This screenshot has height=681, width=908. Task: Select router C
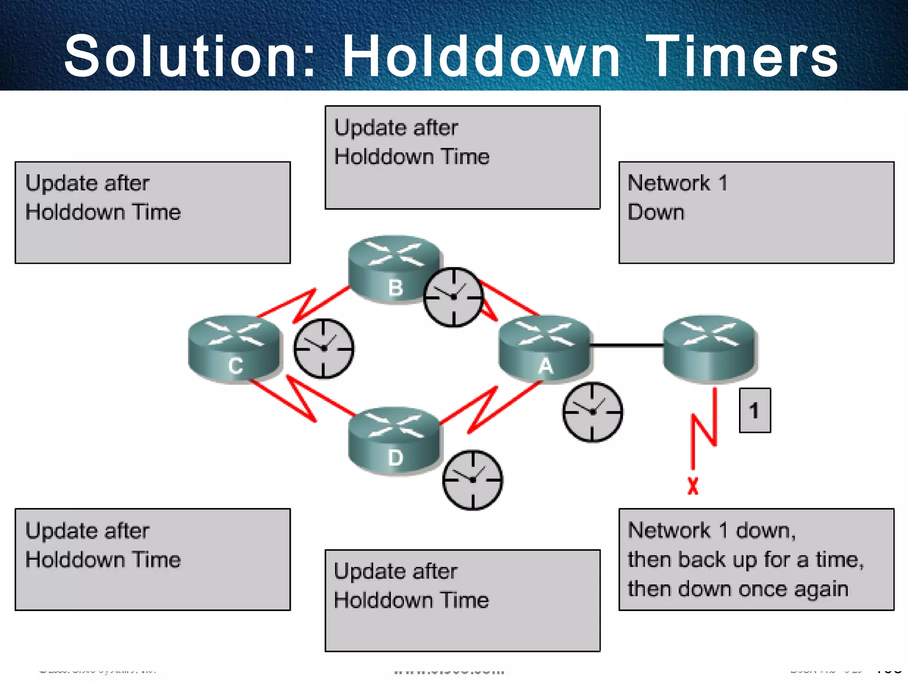pos(235,348)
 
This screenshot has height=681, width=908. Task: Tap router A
pos(544,348)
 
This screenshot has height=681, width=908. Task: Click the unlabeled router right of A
pos(709,348)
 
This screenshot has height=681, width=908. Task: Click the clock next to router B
pos(453,297)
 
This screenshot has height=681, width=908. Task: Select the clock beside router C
pos(324,348)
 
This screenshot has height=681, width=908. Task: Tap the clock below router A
pos(592,412)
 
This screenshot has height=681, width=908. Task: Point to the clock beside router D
pos(473,480)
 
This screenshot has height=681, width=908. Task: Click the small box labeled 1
pos(755,410)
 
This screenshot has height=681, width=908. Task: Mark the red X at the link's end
pos(693,486)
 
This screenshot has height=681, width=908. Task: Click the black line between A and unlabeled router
pos(626,345)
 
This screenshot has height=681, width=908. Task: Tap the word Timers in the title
pos(745,57)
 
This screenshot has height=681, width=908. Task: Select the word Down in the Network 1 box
pos(656,212)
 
